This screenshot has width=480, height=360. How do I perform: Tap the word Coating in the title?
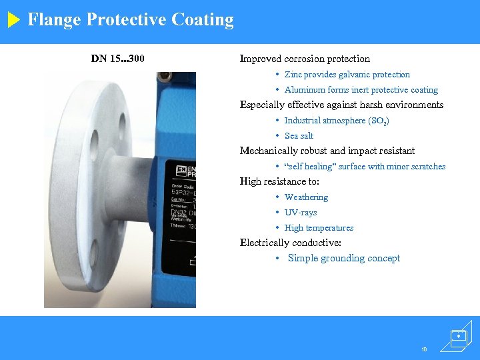tap(203, 20)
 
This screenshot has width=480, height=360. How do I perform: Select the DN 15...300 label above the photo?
tap(118, 59)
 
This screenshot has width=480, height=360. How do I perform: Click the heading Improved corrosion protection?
tap(305, 59)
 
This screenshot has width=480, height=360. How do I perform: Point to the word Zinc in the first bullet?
tap(293, 75)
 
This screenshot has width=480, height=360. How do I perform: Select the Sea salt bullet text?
tap(299, 136)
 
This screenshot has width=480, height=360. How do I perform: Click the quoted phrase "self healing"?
tap(309, 167)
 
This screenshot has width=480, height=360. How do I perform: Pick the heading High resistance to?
tap(279, 181)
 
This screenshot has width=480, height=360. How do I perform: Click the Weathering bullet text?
tap(306, 197)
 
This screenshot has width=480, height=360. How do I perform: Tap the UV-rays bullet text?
tap(301, 213)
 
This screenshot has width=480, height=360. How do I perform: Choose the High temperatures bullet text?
tap(319, 228)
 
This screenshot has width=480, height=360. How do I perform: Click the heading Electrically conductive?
tap(291, 243)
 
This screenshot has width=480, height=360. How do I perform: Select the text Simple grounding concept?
tap(344, 258)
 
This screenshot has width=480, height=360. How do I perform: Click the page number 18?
tap(425, 349)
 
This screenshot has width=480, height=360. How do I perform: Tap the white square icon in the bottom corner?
tap(458, 338)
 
